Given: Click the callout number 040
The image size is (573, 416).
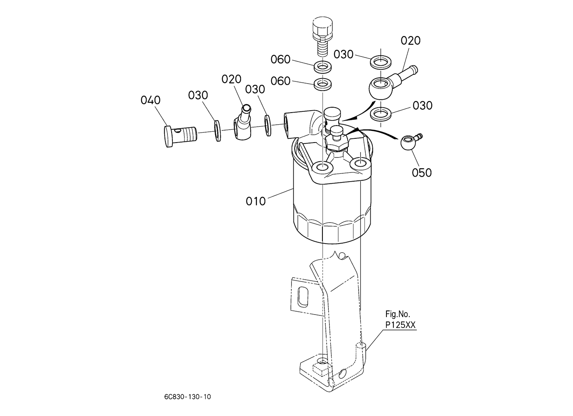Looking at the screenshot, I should pyautogui.click(x=150, y=100).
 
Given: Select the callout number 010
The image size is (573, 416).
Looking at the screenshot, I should pyautogui.click(x=256, y=201).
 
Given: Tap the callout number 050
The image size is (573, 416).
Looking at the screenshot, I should pyautogui.click(x=422, y=172).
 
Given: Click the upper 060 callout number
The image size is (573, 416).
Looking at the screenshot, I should pyautogui.click(x=280, y=59).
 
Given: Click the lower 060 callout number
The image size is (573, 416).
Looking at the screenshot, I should pyautogui.click(x=280, y=81).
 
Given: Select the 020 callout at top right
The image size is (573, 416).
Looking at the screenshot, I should pyautogui.click(x=411, y=41).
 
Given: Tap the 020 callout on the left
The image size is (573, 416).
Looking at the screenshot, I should pyautogui.click(x=231, y=79).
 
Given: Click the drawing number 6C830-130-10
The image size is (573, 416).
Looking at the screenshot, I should pyautogui.click(x=187, y=396).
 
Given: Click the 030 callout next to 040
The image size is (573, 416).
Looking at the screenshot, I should pyautogui.click(x=198, y=95).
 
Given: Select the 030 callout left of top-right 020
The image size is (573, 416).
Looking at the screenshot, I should pyautogui.click(x=344, y=54).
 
